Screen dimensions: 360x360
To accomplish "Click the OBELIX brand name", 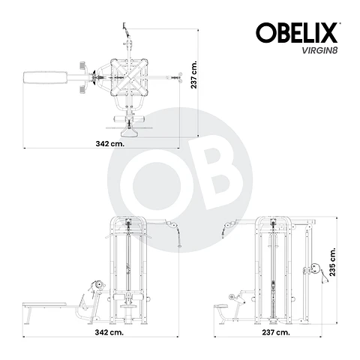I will click(297, 32).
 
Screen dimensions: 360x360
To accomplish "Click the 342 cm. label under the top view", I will click(109, 142).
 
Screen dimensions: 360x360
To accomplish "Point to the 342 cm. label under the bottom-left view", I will click(109, 331).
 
